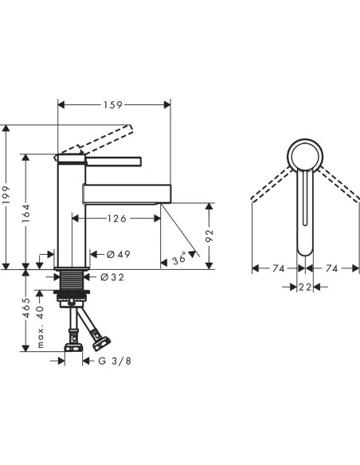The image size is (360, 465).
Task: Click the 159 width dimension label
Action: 113,104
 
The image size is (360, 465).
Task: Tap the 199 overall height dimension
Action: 6,195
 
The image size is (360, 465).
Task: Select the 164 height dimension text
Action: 26,213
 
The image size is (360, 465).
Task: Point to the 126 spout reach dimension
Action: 116,218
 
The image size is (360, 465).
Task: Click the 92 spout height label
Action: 209,235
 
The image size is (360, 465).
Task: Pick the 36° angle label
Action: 179,260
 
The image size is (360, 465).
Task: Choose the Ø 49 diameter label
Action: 119,254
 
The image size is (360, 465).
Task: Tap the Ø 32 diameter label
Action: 112,277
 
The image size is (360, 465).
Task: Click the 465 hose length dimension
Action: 26,308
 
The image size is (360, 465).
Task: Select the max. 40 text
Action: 40,326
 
